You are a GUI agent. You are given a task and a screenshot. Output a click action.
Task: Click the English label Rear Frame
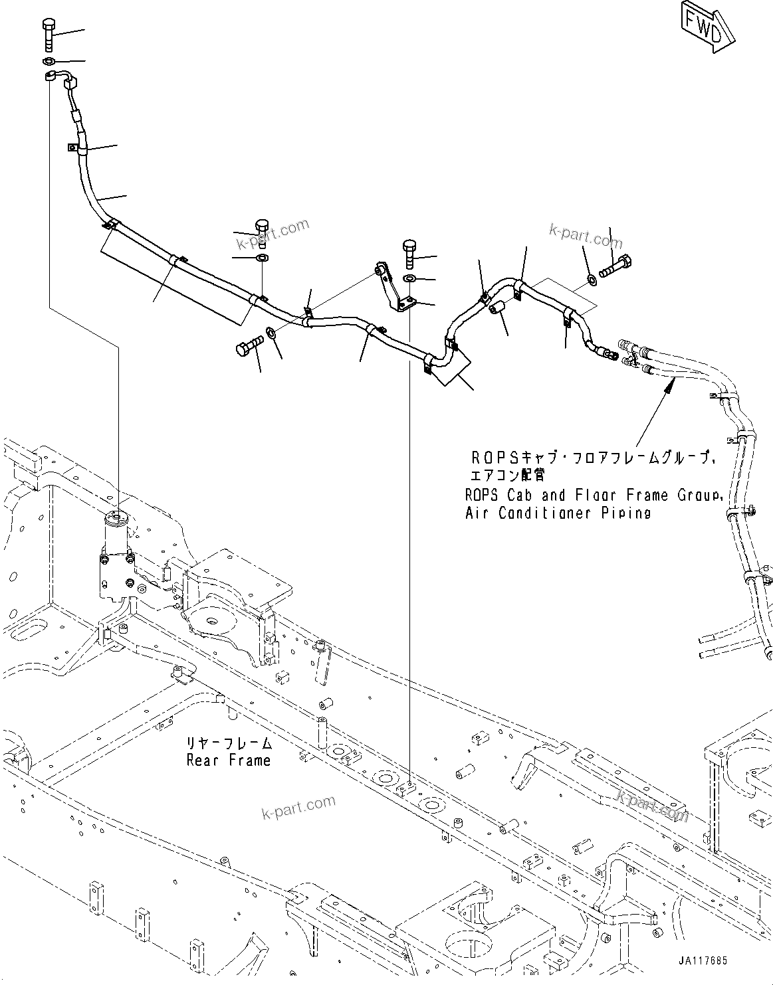point(229,760)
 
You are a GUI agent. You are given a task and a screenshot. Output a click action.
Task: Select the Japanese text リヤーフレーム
point(229,743)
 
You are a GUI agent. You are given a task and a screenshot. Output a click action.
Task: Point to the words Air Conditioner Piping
point(558,513)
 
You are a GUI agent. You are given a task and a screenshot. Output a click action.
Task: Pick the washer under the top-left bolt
point(49,62)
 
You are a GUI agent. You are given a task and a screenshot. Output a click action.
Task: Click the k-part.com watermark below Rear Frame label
point(298,807)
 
